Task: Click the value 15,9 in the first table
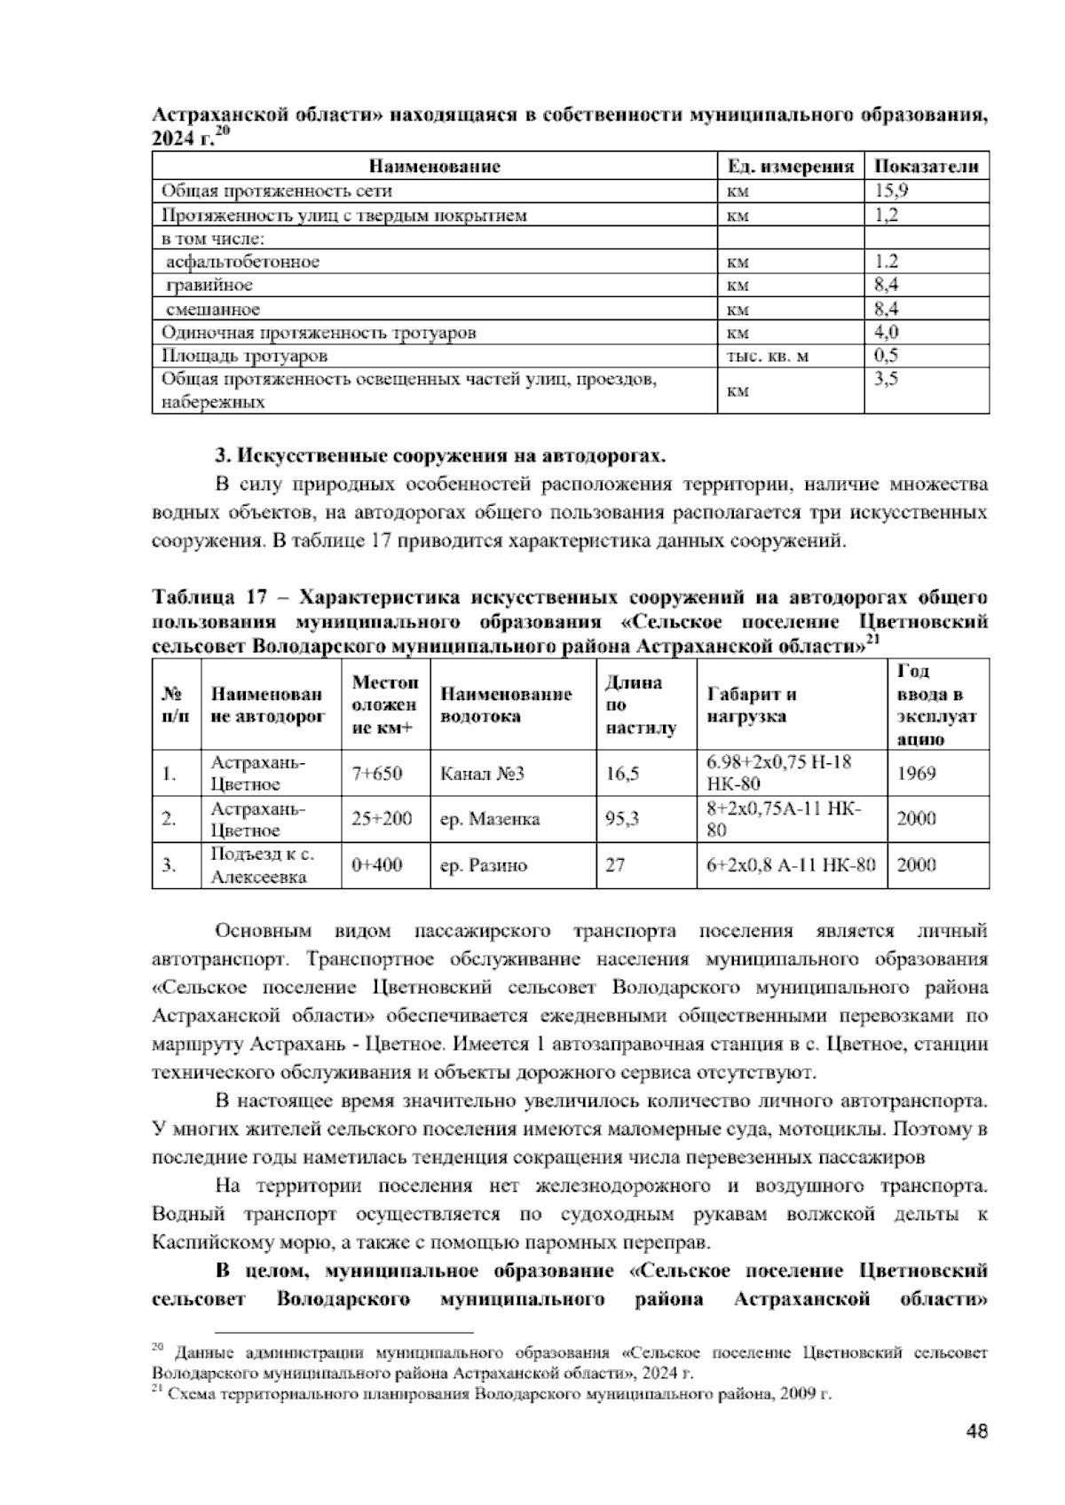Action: point(891,190)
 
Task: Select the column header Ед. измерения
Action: point(789,166)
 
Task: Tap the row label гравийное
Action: point(209,285)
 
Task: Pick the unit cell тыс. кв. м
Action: point(767,356)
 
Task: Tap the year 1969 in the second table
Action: point(916,773)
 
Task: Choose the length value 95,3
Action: point(622,819)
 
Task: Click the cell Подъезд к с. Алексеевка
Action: point(263,865)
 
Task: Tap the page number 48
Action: point(975,1431)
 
